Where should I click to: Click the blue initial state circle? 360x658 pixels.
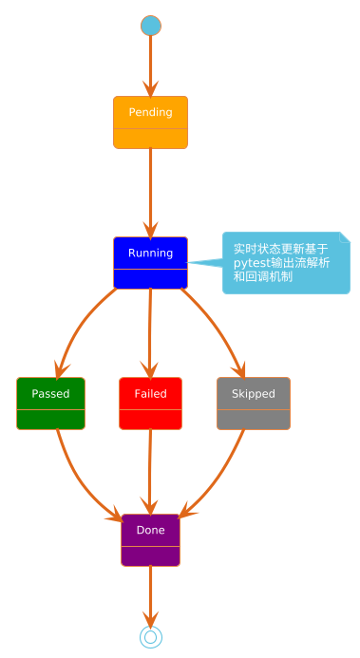click(151, 26)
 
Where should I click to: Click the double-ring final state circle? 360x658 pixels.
click(151, 637)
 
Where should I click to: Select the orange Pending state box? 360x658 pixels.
click(150, 122)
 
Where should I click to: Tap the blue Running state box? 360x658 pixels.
click(150, 263)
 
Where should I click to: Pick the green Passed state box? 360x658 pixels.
click(50, 404)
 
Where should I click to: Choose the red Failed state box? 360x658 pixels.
click(150, 404)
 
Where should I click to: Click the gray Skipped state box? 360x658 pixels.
click(254, 404)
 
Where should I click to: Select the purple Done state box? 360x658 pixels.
click(150, 540)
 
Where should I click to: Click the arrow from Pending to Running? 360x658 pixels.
click(150, 193)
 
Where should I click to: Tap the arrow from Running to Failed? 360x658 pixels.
click(150, 333)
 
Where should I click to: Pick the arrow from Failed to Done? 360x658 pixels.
click(150, 472)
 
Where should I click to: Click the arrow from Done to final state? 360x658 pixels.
click(150, 596)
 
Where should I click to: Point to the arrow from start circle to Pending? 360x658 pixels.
click(150, 66)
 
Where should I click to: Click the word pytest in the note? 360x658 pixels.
click(246, 264)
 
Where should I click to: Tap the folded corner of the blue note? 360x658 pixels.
click(345, 237)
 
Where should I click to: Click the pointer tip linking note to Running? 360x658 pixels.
click(187, 263)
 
